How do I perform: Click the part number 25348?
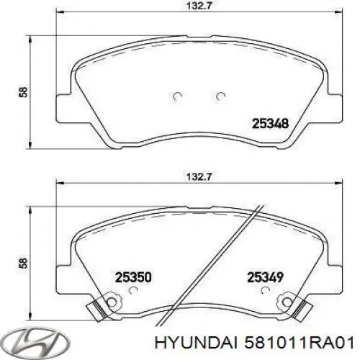pos(269,123)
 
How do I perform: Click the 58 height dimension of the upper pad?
pos(24,92)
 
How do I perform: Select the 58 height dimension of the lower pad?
pos(24,265)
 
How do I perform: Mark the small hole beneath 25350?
pos(132,290)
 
